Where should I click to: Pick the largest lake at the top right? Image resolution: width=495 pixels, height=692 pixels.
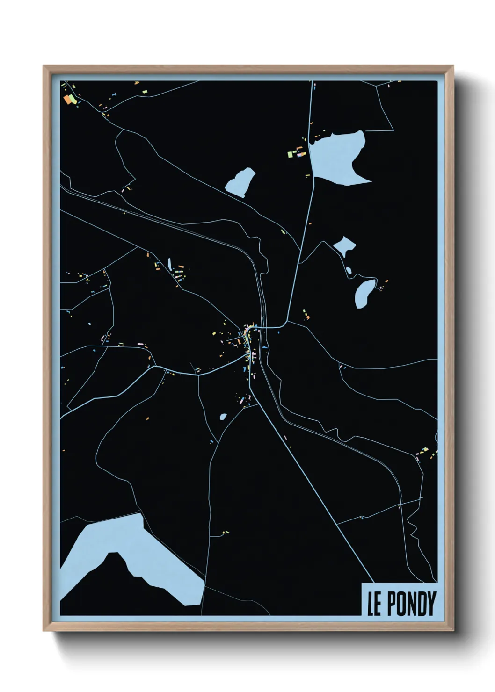[x=337, y=154]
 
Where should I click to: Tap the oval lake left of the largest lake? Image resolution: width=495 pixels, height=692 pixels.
[x=240, y=182]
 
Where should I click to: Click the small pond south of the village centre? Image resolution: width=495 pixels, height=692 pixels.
[x=223, y=416]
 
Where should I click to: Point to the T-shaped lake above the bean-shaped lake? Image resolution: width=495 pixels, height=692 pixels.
[x=344, y=245]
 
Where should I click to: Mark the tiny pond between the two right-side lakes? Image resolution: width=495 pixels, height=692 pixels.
[x=349, y=270]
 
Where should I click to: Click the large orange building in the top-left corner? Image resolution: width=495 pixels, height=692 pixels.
[x=69, y=99]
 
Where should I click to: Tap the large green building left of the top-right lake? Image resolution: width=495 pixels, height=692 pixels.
[x=290, y=153]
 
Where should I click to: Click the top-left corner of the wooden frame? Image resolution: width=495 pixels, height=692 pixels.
[x=44, y=66]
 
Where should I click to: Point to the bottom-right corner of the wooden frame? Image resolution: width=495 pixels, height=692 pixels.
[x=453, y=631]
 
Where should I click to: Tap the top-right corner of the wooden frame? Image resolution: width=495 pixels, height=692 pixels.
[x=453, y=66]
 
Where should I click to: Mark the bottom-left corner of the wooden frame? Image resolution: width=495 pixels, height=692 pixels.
[x=44, y=631]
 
